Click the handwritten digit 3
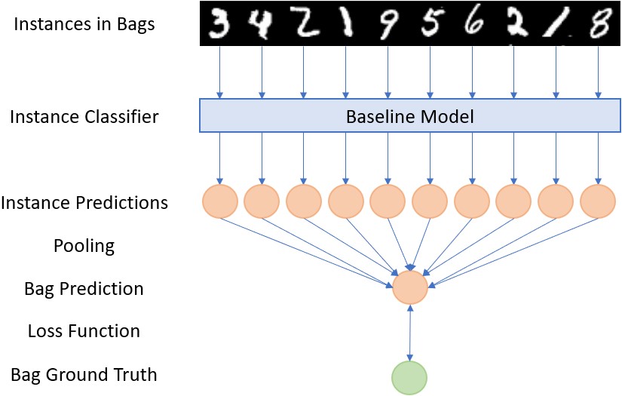(x=219, y=24)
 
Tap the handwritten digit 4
(x=261, y=25)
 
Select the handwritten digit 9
(x=388, y=25)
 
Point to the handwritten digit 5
(x=430, y=24)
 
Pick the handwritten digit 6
(x=473, y=23)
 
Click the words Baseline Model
(x=410, y=117)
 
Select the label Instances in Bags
(x=84, y=24)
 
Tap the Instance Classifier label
(x=84, y=117)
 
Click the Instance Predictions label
(x=84, y=202)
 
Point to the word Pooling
(x=84, y=246)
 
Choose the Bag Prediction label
(x=84, y=288)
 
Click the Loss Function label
(x=84, y=331)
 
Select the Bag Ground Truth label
(x=84, y=375)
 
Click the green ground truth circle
(x=409, y=377)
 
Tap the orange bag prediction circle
(x=410, y=287)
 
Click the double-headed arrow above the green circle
(x=410, y=333)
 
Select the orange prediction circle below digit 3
(x=220, y=201)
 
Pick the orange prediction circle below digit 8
(x=598, y=201)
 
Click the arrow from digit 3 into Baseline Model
(x=219, y=72)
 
